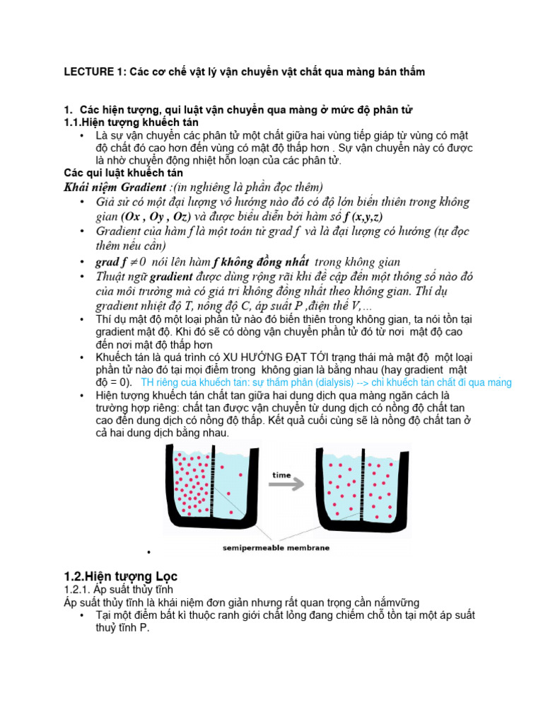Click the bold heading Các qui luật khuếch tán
[124, 173]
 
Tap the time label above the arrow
[282, 475]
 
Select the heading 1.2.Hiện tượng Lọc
[121, 576]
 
